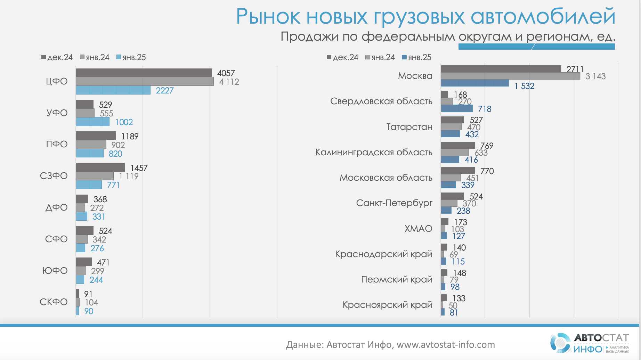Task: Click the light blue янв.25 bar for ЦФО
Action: tap(113, 90)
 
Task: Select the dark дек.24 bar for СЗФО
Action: tap(100, 167)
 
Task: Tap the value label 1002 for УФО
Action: tap(124, 122)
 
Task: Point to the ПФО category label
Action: tap(57, 144)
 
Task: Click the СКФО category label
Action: tap(54, 302)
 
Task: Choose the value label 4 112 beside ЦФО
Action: tap(229, 82)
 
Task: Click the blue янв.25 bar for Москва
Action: tap(475, 83)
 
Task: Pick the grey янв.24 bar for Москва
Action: tap(510, 76)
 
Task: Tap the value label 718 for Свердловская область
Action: tap(485, 109)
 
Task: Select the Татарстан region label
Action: tap(409, 127)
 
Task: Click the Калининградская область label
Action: tap(374, 152)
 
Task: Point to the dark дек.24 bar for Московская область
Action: tap(458, 171)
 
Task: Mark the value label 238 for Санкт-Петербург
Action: tap(463, 211)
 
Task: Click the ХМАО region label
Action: tap(418, 229)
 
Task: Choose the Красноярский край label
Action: tap(387, 305)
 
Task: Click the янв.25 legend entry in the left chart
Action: tap(131, 57)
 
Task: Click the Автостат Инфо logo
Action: tap(590, 343)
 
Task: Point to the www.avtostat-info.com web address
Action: tap(446, 345)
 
